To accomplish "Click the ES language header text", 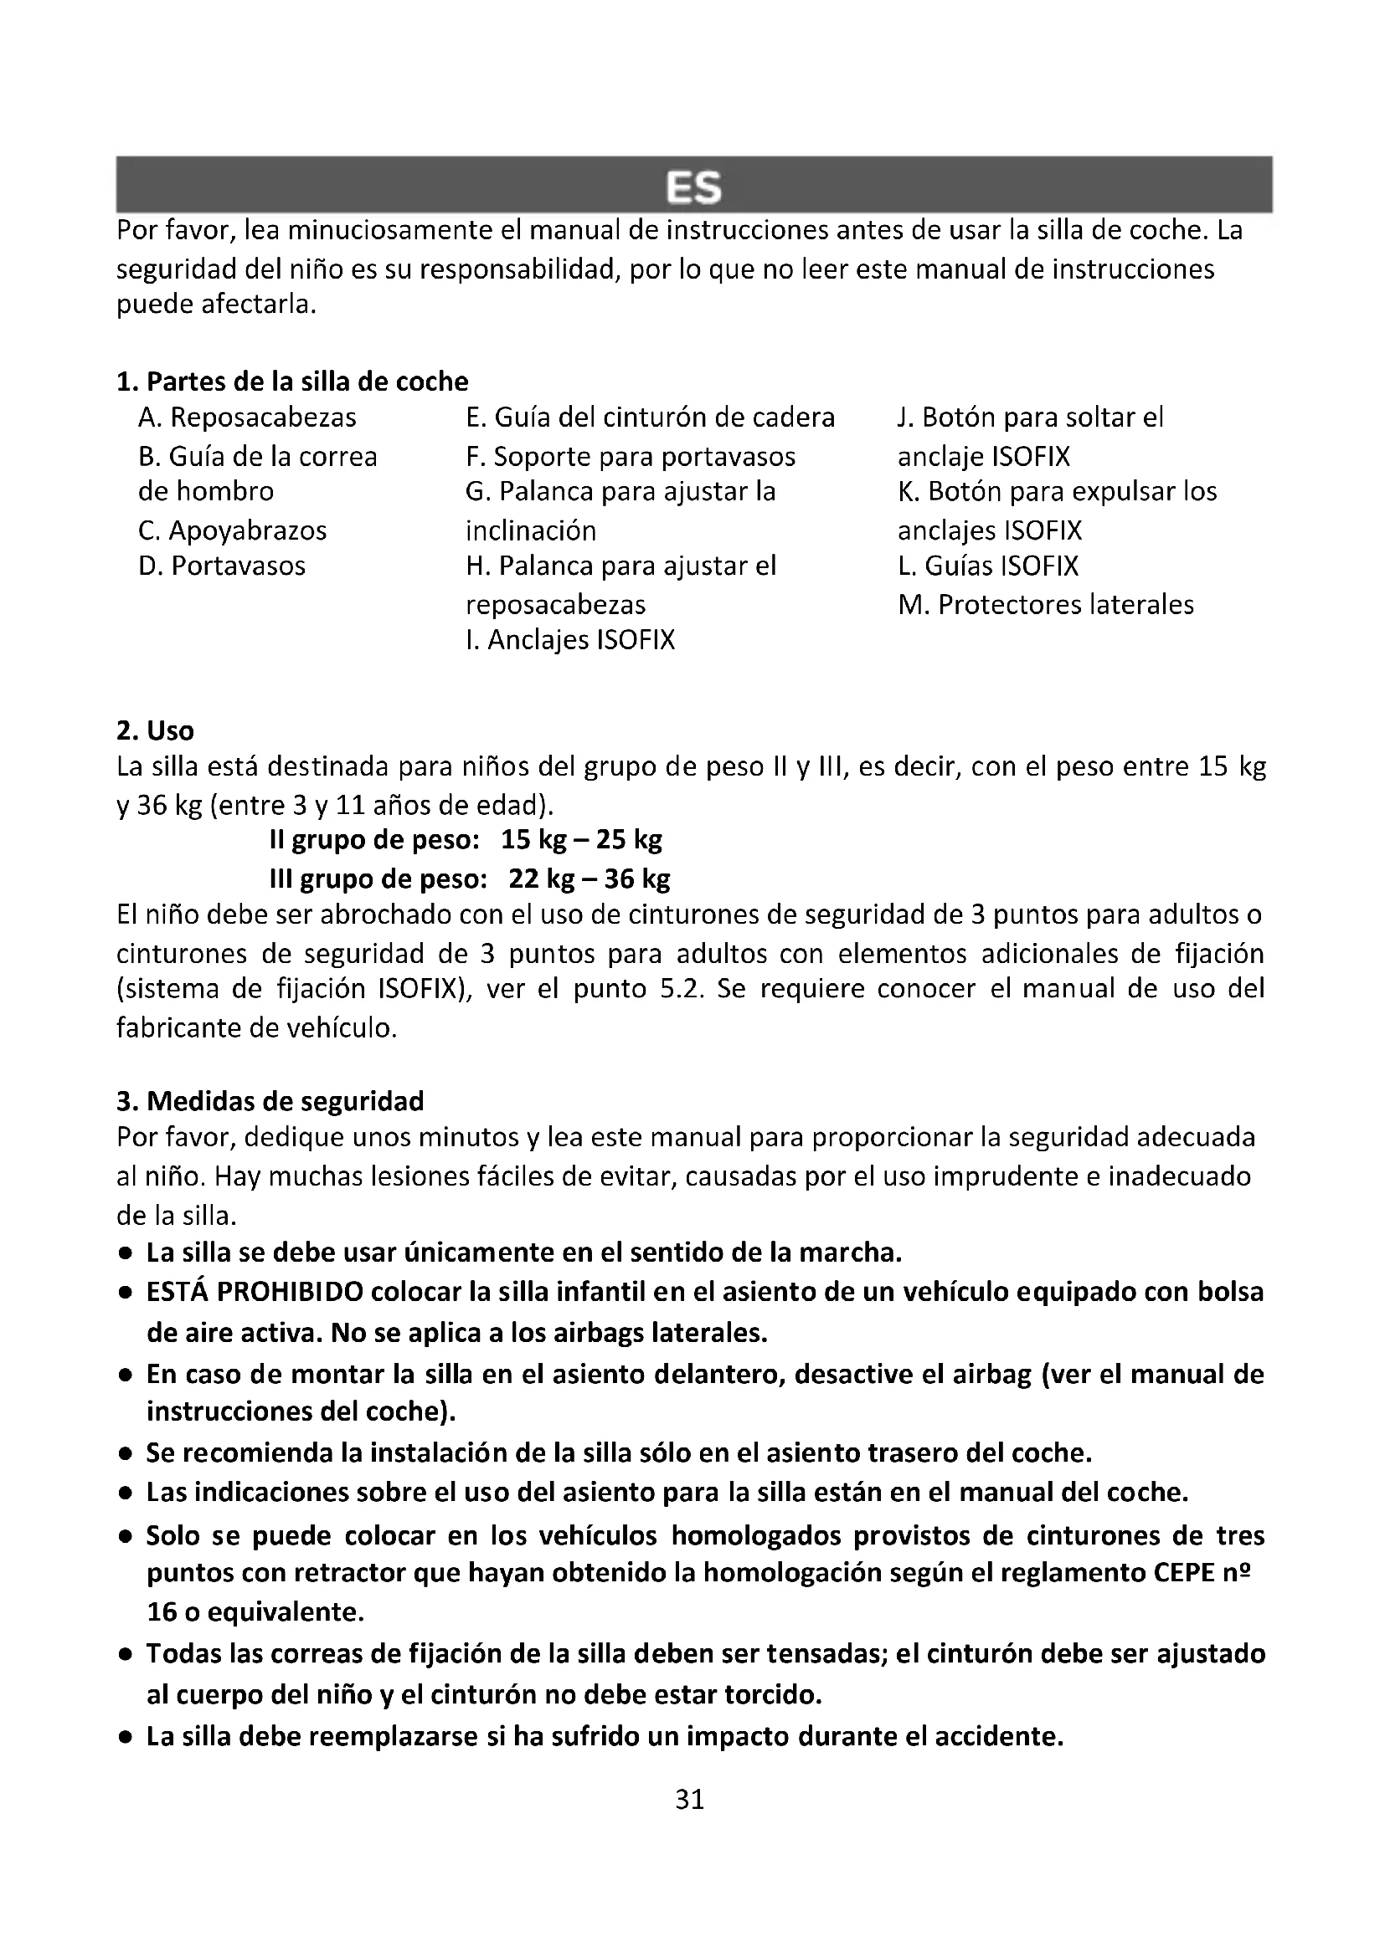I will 693,187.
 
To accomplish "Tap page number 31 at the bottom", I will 690,1800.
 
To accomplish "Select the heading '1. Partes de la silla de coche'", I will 292,381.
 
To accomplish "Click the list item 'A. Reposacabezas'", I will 247,418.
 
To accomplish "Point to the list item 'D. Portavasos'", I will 222,566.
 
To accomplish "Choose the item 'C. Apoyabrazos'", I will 232,530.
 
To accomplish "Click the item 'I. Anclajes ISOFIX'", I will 569,639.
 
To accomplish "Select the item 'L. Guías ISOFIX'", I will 987,566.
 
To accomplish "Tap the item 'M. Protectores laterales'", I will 1046,604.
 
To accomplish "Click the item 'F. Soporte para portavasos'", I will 631,457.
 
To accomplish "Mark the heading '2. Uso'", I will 155,730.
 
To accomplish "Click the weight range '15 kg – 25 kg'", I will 581,840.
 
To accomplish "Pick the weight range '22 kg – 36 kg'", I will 589,878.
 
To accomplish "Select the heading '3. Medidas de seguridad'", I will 270,1101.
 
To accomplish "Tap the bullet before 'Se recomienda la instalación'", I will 126,1453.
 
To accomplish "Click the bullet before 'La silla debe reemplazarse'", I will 126,1737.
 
